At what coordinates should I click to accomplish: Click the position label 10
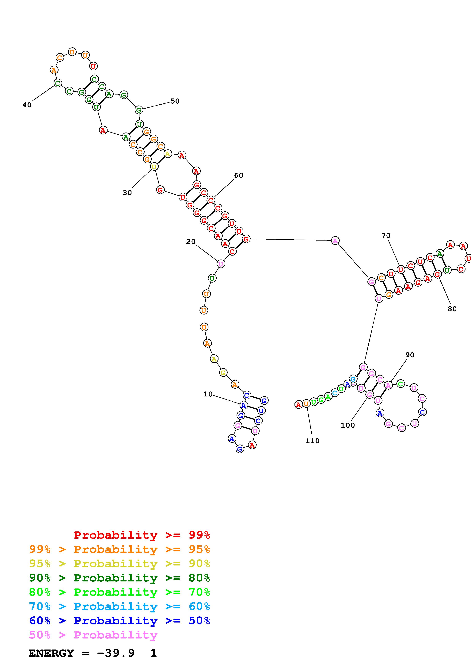pos(208,394)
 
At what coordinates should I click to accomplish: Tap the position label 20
pos(191,242)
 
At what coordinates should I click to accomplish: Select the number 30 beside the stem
pos(127,193)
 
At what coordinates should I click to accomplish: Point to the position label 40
pos(27,105)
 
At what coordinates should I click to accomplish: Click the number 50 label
pos(175,101)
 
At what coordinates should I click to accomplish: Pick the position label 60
pos(239,175)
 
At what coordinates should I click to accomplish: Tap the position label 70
pos(386,235)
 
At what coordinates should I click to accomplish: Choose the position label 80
pos(452,309)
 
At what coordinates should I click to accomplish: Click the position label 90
pos(410,355)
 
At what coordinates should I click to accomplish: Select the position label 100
pos(348,425)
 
